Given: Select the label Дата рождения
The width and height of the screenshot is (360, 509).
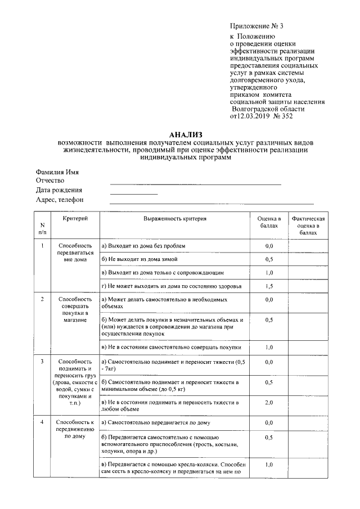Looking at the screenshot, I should click(59, 190).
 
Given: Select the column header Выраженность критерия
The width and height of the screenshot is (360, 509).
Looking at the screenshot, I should click(174, 218).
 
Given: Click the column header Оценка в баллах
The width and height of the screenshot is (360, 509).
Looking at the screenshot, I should click(269, 221).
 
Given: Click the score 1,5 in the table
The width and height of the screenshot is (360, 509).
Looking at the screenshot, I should click(269, 286).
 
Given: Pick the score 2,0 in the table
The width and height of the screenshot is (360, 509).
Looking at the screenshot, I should click(269, 403).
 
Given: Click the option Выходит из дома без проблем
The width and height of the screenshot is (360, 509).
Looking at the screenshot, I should click(142, 246).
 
